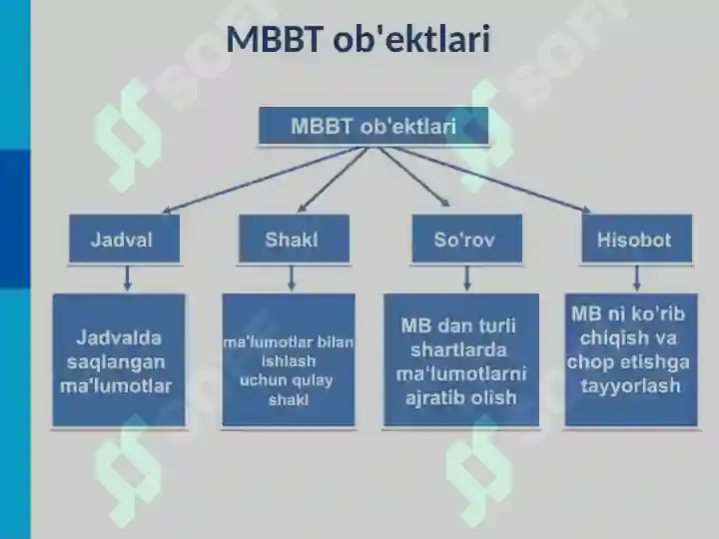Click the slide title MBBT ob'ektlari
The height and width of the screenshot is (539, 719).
(x=359, y=39)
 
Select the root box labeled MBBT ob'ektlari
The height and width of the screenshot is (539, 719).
(x=373, y=126)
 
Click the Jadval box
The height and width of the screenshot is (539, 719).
(x=124, y=239)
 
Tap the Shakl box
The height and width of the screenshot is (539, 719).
(x=294, y=239)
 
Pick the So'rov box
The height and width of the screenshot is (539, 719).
(x=466, y=239)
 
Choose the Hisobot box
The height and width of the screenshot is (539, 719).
(x=637, y=239)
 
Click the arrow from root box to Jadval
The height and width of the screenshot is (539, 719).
(x=265, y=180)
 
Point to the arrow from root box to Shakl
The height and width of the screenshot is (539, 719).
(x=334, y=180)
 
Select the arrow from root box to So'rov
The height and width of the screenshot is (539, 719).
(x=414, y=177)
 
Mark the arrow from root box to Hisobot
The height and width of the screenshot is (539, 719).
(x=491, y=180)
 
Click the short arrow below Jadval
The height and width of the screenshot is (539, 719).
(x=128, y=277)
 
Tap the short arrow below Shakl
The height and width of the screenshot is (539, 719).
(x=292, y=277)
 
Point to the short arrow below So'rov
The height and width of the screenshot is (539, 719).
(x=466, y=277)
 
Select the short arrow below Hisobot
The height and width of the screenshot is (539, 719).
(x=636, y=277)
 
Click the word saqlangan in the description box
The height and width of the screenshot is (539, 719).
(x=116, y=362)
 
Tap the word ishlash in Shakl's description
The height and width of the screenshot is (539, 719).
(x=289, y=361)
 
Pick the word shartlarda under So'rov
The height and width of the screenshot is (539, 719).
(x=458, y=350)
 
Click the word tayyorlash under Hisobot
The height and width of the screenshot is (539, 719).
(x=630, y=386)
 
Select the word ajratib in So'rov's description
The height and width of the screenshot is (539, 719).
(x=434, y=398)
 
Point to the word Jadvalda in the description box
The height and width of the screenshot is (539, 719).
(x=119, y=337)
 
